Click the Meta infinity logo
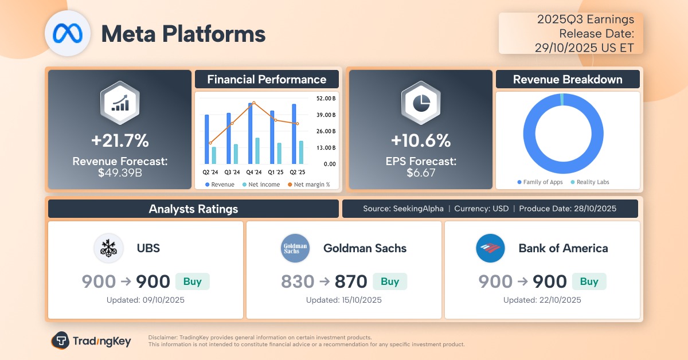coord(68,33)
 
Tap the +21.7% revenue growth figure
coord(120,140)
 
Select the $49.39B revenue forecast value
coord(120,172)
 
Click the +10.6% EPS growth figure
coord(420,140)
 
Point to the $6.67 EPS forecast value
coord(420,172)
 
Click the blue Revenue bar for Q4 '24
coord(251,133)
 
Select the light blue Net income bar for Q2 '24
coord(214,155)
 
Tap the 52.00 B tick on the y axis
coord(326,98)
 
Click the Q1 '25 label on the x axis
coord(276,171)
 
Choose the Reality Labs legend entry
coord(590,182)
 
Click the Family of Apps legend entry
coord(540,182)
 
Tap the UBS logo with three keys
coord(108,248)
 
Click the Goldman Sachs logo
coord(295,248)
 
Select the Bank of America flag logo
coord(490,248)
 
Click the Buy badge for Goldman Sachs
coord(390,281)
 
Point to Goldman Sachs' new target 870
coord(351,281)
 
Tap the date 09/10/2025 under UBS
coord(146,300)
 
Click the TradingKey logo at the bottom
coord(91,341)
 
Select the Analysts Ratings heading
coord(193,209)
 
